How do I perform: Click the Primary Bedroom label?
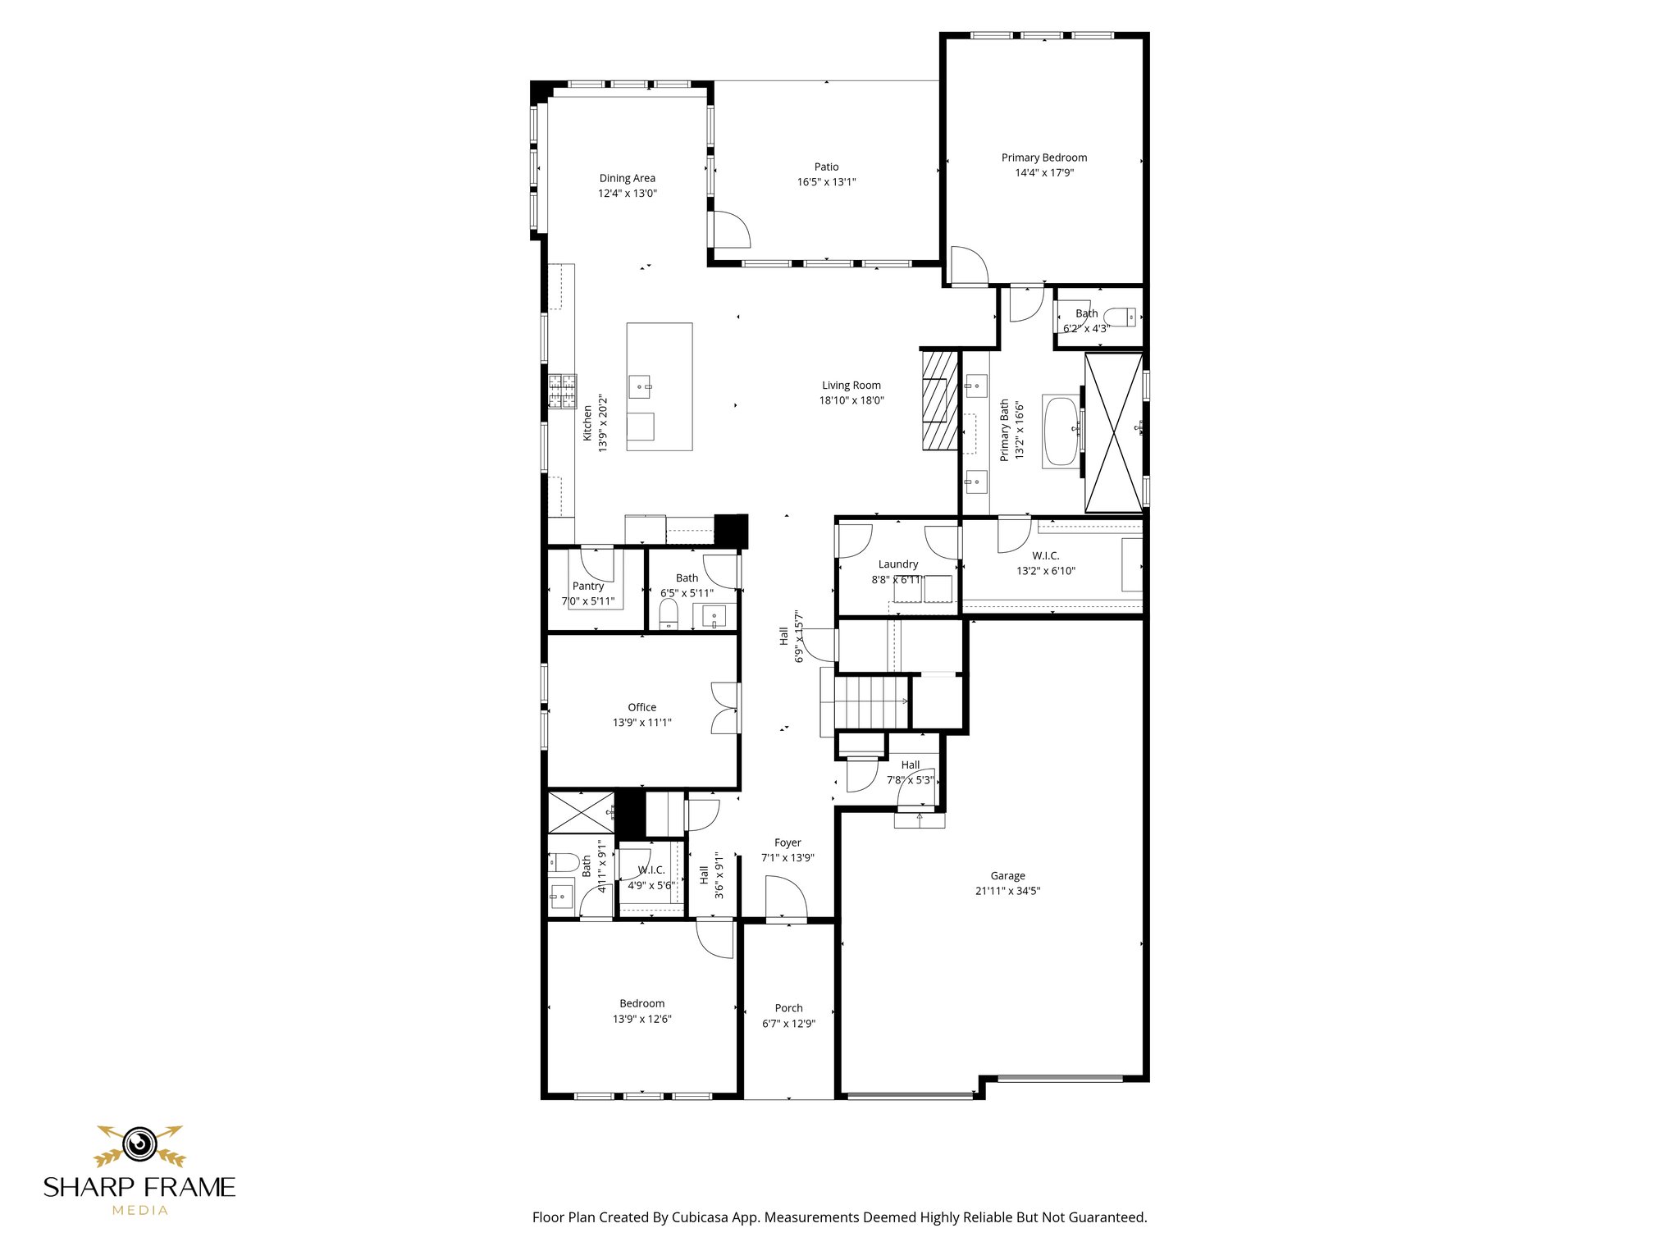point(1043,157)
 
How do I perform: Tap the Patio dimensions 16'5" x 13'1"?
point(826,182)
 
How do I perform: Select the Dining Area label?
point(627,178)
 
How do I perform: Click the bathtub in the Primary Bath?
point(1061,431)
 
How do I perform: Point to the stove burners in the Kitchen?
point(563,390)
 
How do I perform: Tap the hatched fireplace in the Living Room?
point(940,400)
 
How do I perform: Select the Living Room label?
point(851,386)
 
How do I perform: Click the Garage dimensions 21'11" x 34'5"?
point(1007,891)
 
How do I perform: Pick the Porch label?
point(788,1008)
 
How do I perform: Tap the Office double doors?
point(726,708)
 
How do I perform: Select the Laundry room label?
point(898,564)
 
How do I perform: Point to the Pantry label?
point(588,586)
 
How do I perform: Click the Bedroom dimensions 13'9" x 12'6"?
point(641,1019)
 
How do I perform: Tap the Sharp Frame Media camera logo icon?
point(139,1144)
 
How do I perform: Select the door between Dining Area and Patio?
point(729,230)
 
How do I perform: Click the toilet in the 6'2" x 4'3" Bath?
point(1120,317)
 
